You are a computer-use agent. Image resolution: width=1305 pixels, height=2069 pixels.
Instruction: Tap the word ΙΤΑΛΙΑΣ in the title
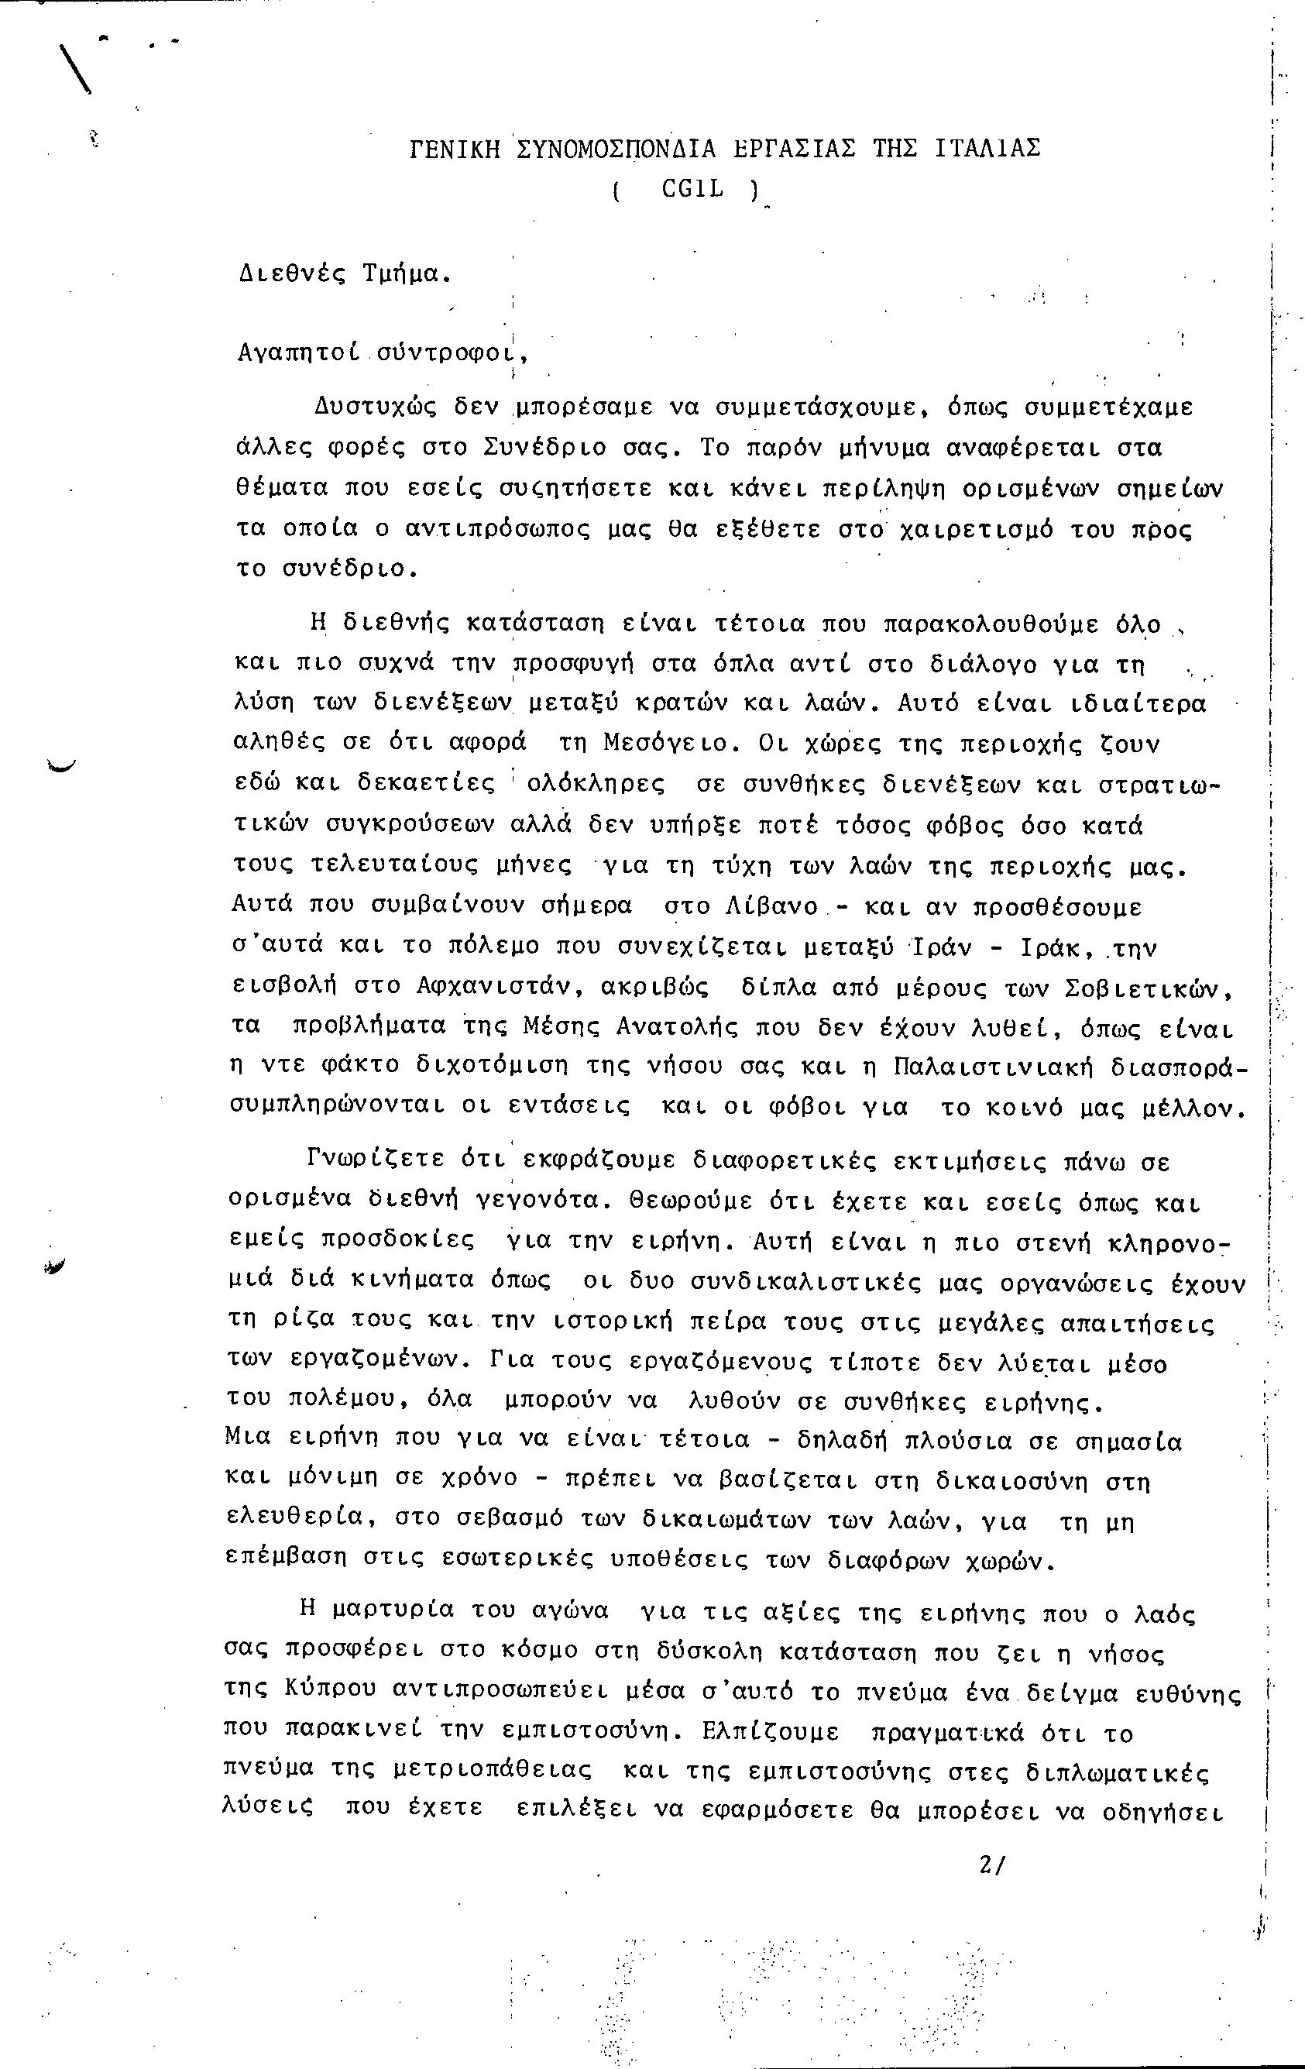(987, 149)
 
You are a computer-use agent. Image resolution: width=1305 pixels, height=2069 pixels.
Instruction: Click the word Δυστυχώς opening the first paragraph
(375, 407)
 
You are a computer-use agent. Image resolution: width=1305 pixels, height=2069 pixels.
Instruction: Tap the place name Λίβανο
(773, 906)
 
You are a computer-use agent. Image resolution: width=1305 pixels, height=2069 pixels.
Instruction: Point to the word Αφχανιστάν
(489, 988)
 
